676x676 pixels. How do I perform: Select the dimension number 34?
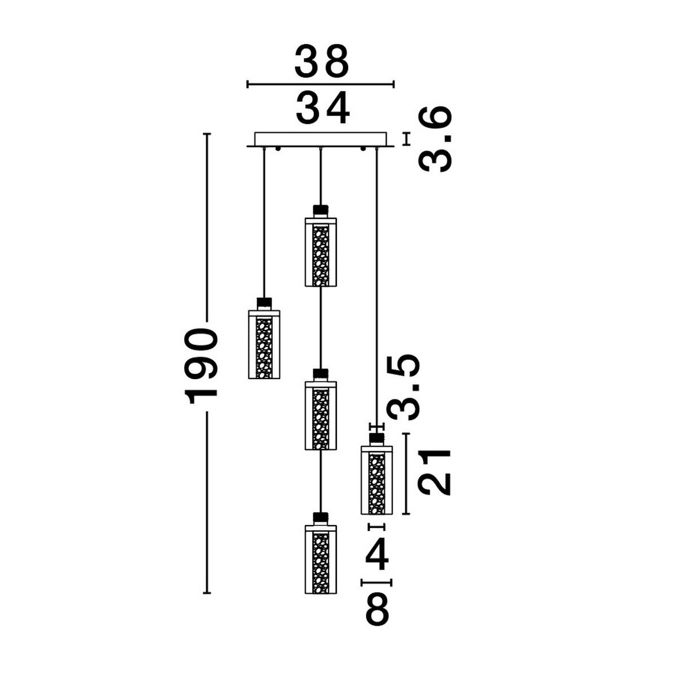tap(323, 108)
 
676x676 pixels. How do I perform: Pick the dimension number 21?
tap(435, 472)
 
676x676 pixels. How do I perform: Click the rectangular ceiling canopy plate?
tap(321, 140)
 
